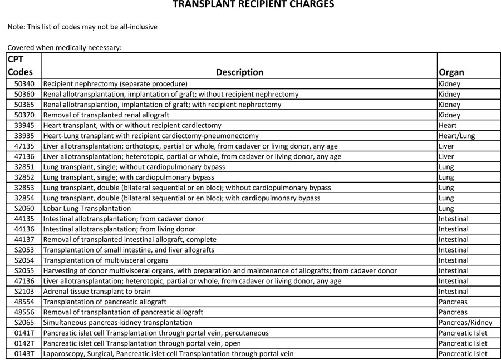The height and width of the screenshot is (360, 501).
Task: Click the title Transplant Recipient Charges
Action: click(x=253, y=5)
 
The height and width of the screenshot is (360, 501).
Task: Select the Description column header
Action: click(x=239, y=72)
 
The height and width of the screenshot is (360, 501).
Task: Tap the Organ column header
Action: click(x=451, y=72)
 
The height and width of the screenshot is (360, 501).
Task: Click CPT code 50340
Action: click(x=24, y=84)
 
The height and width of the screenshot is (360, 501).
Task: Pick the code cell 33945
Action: click(x=24, y=125)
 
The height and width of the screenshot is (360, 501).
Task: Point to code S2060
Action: click(x=24, y=209)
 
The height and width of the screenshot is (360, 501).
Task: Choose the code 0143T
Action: click(x=24, y=353)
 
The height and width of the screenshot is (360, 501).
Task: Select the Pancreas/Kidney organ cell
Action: click(x=465, y=322)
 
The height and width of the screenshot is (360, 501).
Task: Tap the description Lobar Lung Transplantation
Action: click(x=87, y=209)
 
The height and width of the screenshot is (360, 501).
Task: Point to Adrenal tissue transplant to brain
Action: click(x=97, y=291)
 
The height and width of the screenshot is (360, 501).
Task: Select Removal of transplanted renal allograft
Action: click(x=106, y=115)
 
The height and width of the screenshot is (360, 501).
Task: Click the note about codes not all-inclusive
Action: click(x=82, y=27)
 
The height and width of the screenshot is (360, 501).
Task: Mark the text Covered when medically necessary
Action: click(x=64, y=48)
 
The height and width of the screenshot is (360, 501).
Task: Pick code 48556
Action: click(x=24, y=312)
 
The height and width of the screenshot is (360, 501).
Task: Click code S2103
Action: click(x=24, y=291)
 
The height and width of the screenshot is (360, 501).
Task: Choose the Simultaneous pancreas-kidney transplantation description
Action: click(x=117, y=322)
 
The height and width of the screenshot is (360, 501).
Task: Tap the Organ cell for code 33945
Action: click(x=448, y=125)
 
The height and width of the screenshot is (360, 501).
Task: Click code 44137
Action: click(x=24, y=240)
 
